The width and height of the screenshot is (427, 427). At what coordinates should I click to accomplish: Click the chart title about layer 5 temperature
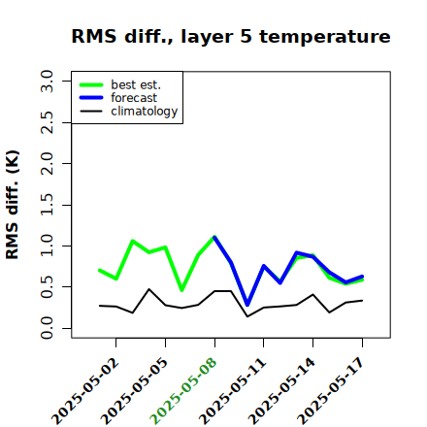(231, 36)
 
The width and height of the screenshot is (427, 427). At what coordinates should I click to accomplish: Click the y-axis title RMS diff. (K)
(13, 205)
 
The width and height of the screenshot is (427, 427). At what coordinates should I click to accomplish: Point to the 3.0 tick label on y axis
(47, 81)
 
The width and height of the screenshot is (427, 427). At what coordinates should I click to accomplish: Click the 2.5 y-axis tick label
(47, 122)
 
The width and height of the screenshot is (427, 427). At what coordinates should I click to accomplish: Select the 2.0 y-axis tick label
(47, 163)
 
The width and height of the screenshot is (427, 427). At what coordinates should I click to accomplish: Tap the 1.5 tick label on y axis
(47, 205)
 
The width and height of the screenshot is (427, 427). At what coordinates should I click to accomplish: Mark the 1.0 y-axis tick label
(47, 246)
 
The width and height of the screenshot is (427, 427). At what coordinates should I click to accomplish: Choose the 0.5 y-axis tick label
(47, 287)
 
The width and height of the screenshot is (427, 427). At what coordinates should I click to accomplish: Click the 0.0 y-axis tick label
(47, 328)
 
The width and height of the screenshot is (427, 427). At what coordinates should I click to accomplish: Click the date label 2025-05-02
(85, 391)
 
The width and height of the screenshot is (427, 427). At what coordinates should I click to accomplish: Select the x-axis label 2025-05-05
(135, 391)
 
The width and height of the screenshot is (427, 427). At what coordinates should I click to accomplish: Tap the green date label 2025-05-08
(183, 391)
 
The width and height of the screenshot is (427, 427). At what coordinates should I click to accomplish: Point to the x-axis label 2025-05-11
(233, 391)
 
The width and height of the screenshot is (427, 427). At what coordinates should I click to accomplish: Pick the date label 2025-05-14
(281, 391)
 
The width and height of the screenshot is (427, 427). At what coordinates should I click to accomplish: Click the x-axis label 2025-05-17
(331, 391)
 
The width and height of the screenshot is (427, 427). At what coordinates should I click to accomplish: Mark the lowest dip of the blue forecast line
(247, 305)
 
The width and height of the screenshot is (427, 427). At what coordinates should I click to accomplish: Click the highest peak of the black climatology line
(148, 289)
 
